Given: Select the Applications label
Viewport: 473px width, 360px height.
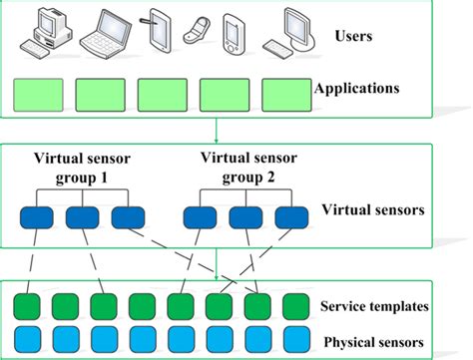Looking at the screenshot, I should [356, 89].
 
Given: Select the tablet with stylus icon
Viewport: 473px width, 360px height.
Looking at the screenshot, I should [160, 31].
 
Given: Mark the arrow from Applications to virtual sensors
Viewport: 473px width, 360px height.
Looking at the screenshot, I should [217, 129].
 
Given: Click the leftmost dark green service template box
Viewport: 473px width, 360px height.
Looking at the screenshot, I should [24, 305].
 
